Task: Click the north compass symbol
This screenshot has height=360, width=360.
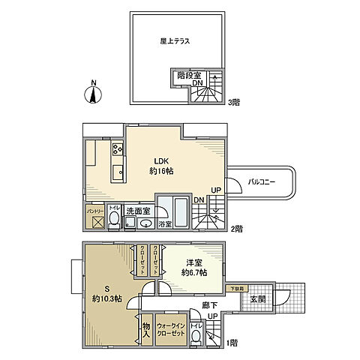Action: click(x=94, y=93)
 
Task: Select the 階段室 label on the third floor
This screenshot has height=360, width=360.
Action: click(x=188, y=75)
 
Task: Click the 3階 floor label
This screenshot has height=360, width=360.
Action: click(x=233, y=102)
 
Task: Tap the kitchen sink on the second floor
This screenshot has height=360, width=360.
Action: click(x=117, y=174)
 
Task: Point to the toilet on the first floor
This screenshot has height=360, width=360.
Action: click(x=196, y=335)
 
